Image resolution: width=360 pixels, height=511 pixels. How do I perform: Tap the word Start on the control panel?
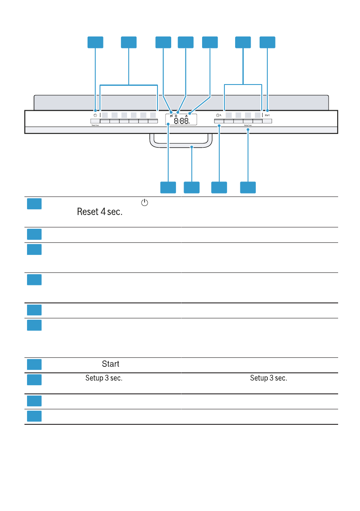267,115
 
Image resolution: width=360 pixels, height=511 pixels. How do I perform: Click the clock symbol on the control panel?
218,115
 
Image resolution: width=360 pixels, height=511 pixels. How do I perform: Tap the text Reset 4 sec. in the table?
97,212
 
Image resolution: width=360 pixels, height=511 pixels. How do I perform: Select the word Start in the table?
110,364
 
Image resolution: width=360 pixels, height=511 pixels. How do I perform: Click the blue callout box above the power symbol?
96,42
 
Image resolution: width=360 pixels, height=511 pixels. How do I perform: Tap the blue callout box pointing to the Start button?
267,42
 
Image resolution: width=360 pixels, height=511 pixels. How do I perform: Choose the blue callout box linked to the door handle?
191,187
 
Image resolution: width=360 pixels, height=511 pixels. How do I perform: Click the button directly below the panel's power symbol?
95,121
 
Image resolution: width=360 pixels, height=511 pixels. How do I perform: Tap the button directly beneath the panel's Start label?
267,121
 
